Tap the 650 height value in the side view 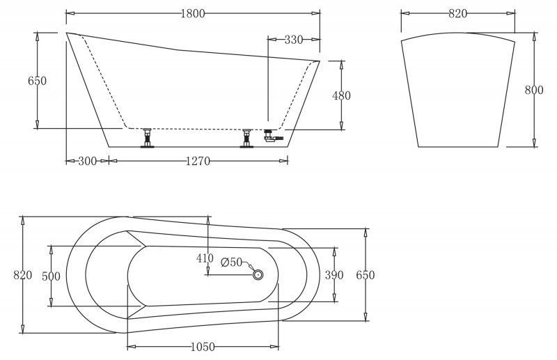coord(37,81)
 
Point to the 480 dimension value coord(341,95)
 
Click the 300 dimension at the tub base coord(87,161)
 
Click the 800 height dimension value coord(534,89)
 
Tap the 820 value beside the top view coord(23,275)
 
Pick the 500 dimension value coord(51,276)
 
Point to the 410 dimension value coord(205,258)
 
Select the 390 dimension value coord(334,275)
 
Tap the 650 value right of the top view coord(366,275)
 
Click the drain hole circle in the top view coord(258,275)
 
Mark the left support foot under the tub coord(147,138)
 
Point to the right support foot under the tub coord(246,138)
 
